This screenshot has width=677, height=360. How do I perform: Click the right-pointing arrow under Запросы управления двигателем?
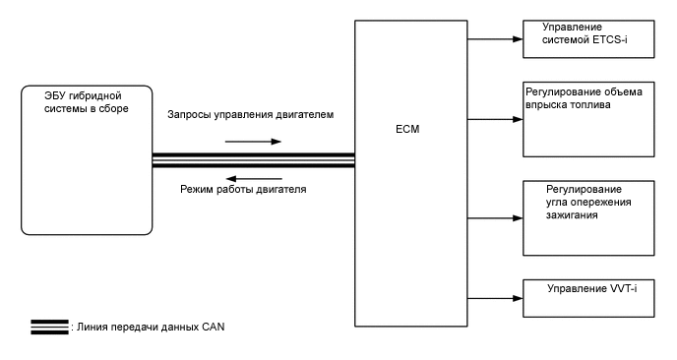click(x=253, y=140)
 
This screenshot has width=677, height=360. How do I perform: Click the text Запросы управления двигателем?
click(x=251, y=115)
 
